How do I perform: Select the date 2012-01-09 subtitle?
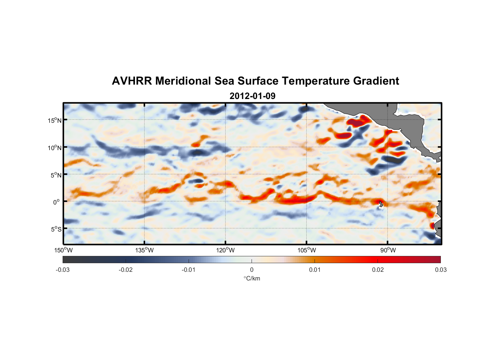252,96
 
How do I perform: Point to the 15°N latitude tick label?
55,120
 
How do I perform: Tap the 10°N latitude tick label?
55,148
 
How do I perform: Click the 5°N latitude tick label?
56,175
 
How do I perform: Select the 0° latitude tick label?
57,202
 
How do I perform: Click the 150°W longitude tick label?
63,250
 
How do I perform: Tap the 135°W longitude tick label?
144,250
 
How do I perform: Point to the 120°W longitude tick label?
225,250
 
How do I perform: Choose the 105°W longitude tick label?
307,250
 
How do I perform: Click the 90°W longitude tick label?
388,250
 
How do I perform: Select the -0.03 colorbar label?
63,270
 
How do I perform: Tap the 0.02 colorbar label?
378,270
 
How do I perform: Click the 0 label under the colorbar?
252,270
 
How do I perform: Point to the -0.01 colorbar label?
189,270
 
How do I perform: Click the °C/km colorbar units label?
252,278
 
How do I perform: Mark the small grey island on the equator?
381,204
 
